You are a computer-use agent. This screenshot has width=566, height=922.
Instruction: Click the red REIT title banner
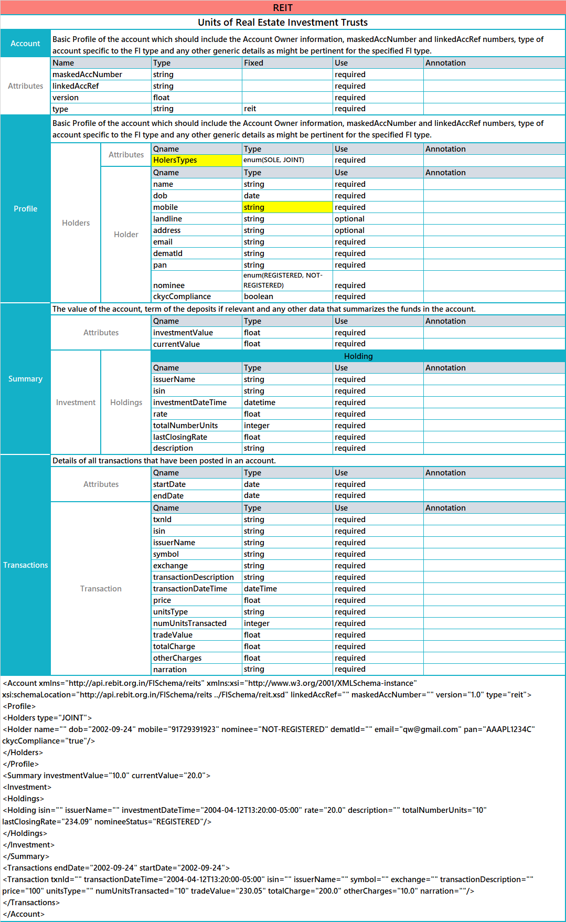283,7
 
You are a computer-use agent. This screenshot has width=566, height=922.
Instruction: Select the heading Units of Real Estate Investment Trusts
283,22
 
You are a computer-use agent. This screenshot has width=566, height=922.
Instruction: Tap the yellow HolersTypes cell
196,160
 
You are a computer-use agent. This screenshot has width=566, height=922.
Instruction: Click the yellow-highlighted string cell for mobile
287,207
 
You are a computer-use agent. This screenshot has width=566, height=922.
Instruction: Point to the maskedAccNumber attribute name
87,75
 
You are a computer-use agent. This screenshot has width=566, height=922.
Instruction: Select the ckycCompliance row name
182,296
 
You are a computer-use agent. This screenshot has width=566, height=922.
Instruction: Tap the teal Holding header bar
358,356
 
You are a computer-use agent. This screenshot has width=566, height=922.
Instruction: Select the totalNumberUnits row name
186,426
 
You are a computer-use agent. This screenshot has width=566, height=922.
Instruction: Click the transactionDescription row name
194,577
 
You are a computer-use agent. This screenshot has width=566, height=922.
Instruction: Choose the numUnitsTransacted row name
190,623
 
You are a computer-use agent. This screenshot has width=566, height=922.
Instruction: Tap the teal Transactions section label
26,565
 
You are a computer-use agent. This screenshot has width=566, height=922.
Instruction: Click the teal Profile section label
26,209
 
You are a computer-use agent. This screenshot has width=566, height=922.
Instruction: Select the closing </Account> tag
24,914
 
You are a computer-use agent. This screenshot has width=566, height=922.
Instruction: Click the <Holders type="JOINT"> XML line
47,718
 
